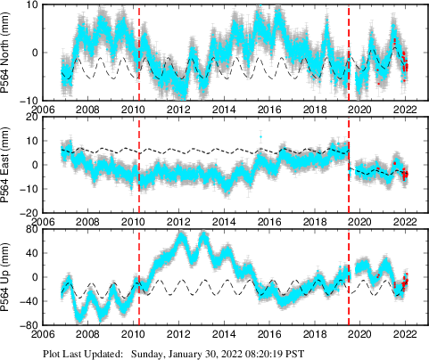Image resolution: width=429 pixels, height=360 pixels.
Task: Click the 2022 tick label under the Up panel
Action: click(x=405, y=335)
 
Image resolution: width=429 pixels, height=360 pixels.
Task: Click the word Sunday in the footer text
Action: click(x=149, y=353)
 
